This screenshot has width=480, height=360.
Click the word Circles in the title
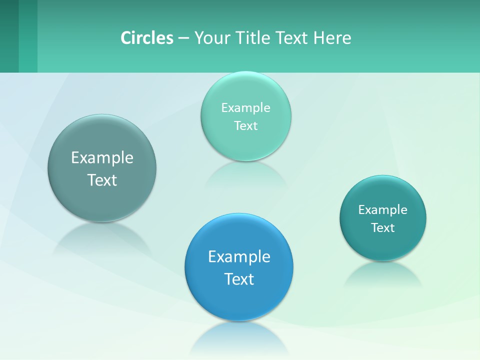147,37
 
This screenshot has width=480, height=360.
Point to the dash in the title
183,38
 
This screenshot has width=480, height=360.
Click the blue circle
239,300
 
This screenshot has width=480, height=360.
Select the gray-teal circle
102,200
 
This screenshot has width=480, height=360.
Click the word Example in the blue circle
239,257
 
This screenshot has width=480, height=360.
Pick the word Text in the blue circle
239,279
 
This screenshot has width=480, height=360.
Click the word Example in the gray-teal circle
102,158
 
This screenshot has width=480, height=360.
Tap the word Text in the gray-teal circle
102,180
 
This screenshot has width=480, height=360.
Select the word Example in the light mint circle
245,108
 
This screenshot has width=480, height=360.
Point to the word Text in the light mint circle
245,126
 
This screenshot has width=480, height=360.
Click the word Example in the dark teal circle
383,210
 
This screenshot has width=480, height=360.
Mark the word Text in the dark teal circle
383,228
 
